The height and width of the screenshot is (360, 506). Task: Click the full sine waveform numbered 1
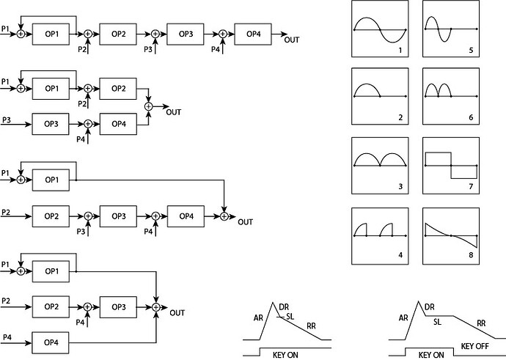tap(380, 29)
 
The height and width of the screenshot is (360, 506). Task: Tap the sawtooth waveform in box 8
tap(451, 235)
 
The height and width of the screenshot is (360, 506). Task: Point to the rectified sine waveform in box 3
tap(380, 160)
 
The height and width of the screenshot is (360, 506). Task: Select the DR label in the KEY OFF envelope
tap(430, 306)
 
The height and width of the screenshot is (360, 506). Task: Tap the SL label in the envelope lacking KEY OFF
tap(290, 316)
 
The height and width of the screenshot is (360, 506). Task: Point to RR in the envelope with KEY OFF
tap(481, 323)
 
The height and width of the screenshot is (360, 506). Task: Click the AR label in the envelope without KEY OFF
tap(259, 318)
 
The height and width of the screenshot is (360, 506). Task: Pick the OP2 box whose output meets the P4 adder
tap(51, 306)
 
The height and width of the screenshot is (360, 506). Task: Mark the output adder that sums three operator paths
tap(156, 306)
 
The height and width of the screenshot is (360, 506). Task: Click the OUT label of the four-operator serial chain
tap(291, 40)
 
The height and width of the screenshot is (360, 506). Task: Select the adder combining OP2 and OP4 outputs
tap(149, 106)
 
